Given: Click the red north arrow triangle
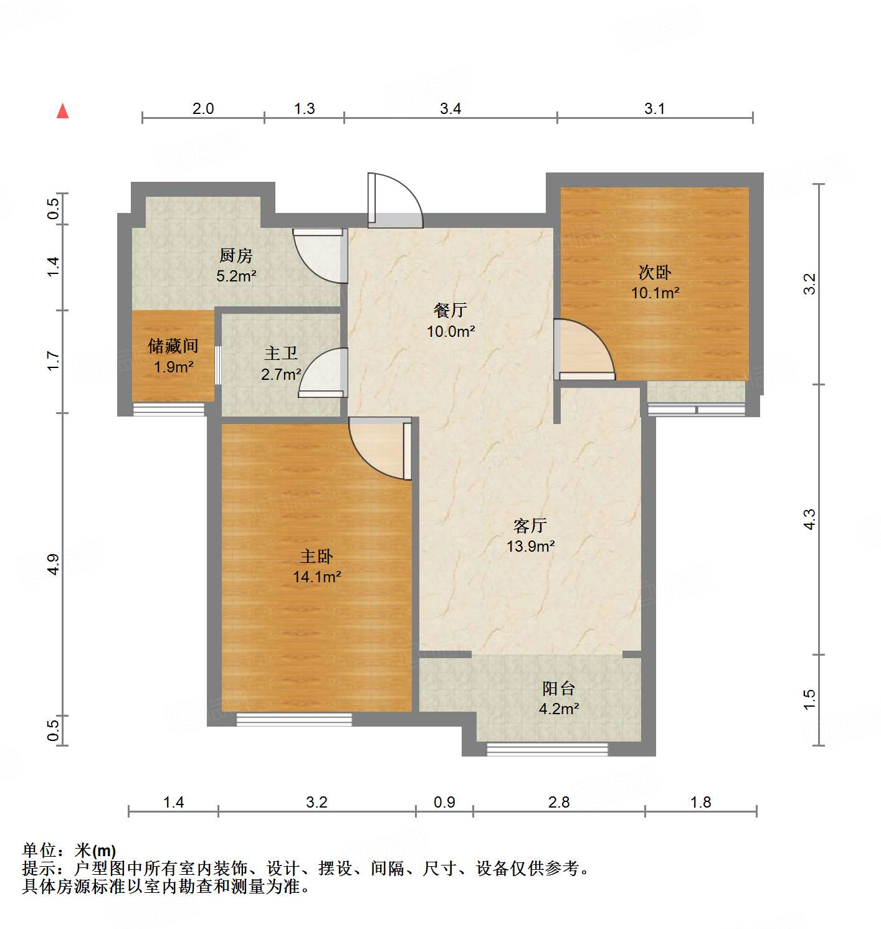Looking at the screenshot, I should click(x=62, y=111).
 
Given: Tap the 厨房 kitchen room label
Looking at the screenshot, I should click(x=236, y=255).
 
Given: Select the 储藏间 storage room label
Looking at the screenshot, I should click(x=173, y=346).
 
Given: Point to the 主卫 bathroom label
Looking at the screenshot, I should click(x=280, y=353).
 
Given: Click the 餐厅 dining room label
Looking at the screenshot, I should click(x=450, y=310).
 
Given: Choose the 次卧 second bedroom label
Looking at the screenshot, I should click(x=655, y=272).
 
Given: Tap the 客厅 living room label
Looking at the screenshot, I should click(x=530, y=526).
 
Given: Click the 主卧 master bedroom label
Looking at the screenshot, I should click(x=317, y=556).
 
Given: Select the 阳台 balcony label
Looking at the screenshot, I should click(x=558, y=688).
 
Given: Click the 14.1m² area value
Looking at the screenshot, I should click(x=317, y=577).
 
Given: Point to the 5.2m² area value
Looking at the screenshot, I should click(x=236, y=276).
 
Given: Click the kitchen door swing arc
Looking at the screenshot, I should click(x=320, y=256).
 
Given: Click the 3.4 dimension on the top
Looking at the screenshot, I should click(x=450, y=109).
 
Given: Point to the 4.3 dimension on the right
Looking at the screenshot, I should click(x=809, y=519).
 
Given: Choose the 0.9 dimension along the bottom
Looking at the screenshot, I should click(x=444, y=802).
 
